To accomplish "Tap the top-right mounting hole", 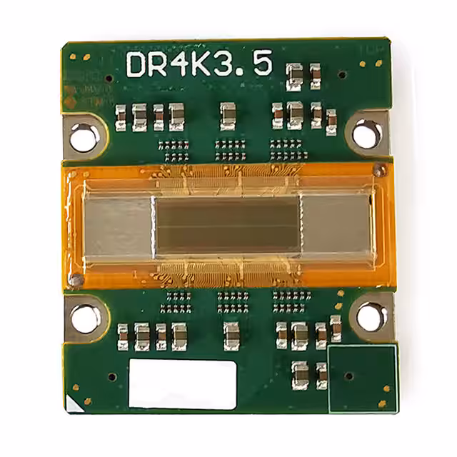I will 366,133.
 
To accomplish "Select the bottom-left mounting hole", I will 84,319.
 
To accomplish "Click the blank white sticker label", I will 183,383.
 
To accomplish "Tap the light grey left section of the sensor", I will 118,226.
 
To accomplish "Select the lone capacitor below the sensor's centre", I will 231,336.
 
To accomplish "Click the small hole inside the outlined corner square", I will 348,376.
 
